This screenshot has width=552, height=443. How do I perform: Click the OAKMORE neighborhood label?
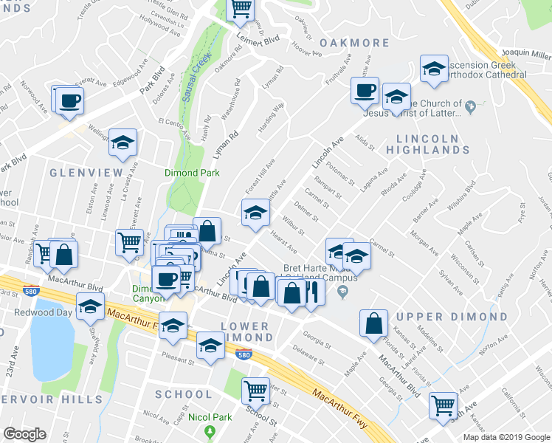[355, 43]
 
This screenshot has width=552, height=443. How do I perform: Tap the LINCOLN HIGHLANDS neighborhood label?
[432, 144]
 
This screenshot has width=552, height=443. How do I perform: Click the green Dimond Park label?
[186, 174]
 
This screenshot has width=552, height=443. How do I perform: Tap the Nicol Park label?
[211, 417]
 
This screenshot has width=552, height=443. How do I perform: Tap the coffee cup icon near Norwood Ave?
[69, 100]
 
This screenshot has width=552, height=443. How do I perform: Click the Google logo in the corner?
[24, 433]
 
